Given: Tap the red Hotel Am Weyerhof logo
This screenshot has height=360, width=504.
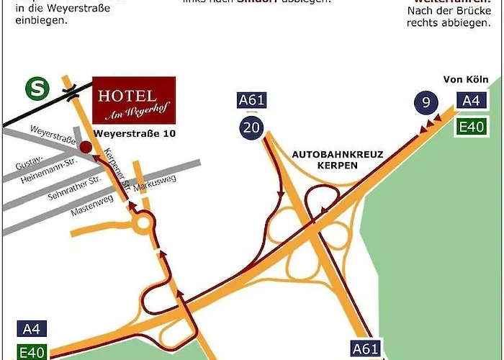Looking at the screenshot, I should (134, 102).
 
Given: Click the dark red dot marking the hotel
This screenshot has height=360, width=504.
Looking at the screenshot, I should (86, 146).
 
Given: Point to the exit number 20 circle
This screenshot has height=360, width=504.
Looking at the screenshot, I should (251, 129).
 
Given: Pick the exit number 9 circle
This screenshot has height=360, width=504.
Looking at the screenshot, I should (426, 102).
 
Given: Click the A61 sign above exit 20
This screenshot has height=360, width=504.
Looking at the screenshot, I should (251, 100).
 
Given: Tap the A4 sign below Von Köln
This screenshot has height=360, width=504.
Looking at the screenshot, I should (471, 102).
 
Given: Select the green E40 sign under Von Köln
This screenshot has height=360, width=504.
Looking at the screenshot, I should (471, 127).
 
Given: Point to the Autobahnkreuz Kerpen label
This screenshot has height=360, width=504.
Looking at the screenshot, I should (338, 159).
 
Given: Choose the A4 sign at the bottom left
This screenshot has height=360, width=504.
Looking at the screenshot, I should (31, 329).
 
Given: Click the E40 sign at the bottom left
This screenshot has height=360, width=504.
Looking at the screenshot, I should (31, 352).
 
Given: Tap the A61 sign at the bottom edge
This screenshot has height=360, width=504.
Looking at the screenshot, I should (365, 349).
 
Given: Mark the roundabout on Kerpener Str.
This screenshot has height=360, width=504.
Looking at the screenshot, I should (143, 222).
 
